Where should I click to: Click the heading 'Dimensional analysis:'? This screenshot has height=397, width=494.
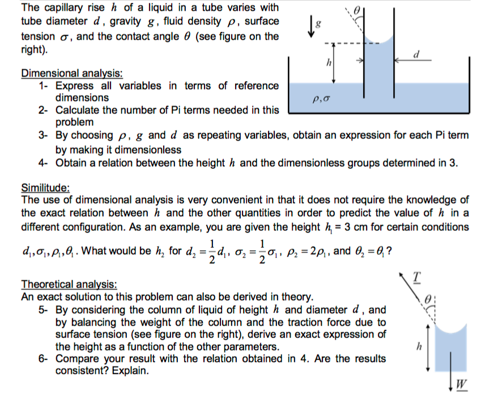72,74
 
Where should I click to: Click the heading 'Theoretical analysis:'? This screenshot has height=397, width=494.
69,285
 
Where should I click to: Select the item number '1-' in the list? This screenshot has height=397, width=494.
45,86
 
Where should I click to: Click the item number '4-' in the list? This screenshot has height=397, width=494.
45,163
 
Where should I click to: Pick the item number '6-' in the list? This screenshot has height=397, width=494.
45,359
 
